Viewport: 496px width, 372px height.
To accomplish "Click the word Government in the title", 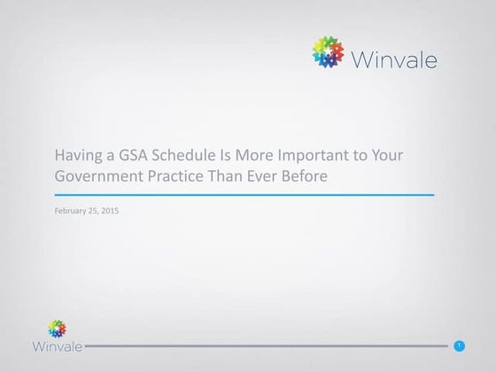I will click(95, 175).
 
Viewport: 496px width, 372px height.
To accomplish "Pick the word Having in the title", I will click(79, 155).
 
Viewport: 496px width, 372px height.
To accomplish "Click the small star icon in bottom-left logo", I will click(57, 328).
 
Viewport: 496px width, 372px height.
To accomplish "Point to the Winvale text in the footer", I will click(58, 345).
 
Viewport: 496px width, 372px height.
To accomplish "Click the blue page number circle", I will click(459, 345).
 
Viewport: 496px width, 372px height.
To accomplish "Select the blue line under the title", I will click(244, 194).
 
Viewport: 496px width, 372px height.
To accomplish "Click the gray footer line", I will click(266, 345).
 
